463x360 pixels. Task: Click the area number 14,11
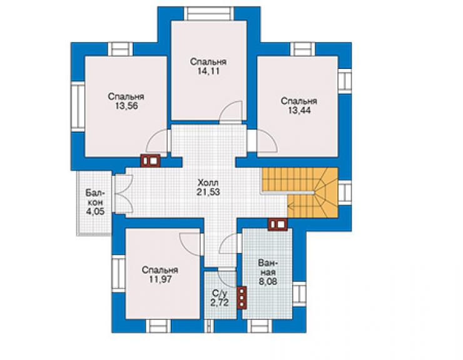click(x=208, y=71)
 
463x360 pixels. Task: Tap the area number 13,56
click(x=126, y=106)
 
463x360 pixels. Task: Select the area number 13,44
click(x=299, y=111)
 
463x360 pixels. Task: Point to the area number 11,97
click(x=160, y=279)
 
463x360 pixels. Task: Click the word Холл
click(x=208, y=182)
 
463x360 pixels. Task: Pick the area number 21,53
click(x=208, y=192)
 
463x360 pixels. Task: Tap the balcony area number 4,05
click(x=95, y=212)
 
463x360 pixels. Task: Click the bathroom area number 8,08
click(x=268, y=281)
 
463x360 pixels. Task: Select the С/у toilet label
click(x=219, y=293)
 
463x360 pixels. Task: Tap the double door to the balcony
click(x=123, y=194)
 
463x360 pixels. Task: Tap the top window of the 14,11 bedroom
click(x=208, y=14)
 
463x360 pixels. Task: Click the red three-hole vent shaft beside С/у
click(x=242, y=297)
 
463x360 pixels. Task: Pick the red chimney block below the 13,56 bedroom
click(x=150, y=161)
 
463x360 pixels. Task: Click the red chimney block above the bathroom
click(x=278, y=224)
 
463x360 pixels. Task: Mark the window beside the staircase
click(x=345, y=192)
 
